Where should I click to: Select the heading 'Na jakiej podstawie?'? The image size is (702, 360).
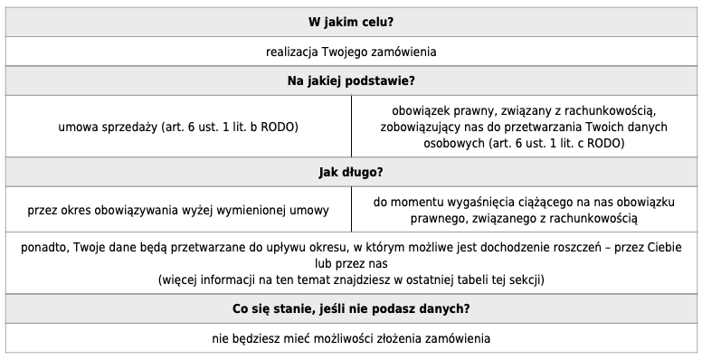[350, 81]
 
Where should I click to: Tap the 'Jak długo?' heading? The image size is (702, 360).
[350, 172]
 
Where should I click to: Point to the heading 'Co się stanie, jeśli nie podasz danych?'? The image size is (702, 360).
[350, 308]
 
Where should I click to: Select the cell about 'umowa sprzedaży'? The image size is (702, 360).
[178, 127]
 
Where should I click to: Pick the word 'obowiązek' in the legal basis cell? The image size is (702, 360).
[414, 110]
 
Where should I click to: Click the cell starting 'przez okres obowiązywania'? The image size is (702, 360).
[178, 210]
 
